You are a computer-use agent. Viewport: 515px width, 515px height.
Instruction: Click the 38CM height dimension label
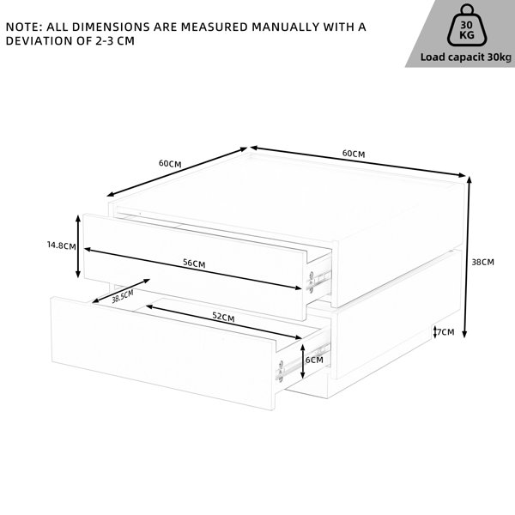[482, 262]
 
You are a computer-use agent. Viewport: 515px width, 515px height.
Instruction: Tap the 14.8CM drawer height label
[62, 245]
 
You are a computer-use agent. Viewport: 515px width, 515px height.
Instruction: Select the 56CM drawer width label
[194, 264]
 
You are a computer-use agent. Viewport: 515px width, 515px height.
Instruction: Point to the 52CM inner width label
[223, 317]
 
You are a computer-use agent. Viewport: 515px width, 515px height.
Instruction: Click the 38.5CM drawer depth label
[123, 297]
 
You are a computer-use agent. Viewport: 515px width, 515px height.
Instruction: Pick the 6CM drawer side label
[314, 360]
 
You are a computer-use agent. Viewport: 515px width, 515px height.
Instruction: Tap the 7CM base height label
[445, 332]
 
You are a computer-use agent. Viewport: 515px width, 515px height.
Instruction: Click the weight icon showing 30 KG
[467, 26]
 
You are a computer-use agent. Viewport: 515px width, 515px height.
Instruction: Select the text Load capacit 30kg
[466, 58]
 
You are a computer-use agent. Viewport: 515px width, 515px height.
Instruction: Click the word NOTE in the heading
[22, 27]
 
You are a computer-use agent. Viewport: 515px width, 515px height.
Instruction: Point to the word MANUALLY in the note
[286, 27]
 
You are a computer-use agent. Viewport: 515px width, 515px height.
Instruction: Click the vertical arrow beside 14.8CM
[78, 246]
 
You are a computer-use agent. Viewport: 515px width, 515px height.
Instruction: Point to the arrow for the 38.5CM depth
[121, 291]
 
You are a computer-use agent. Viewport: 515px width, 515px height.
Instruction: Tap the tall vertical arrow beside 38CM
[467, 257]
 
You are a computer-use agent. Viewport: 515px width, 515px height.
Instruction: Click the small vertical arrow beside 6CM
[302, 361]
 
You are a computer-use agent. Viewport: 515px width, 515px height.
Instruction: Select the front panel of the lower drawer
[163, 354]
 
